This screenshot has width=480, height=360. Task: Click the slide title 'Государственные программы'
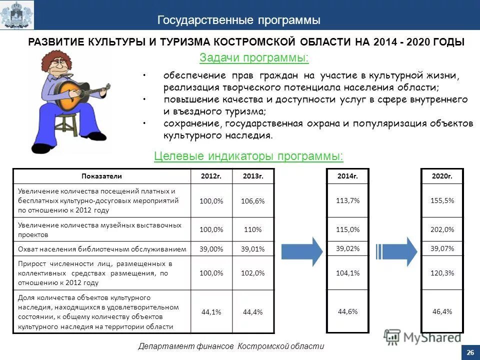tap(239, 20)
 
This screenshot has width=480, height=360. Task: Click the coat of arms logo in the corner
tap(17, 15)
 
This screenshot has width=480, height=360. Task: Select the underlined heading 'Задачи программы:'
tap(254, 58)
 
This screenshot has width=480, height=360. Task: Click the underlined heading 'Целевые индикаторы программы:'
tap(248, 156)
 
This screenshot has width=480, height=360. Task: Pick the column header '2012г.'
tap(211, 176)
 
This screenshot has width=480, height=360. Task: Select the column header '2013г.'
tap(252, 176)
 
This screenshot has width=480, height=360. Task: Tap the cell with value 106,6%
tap(252, 200)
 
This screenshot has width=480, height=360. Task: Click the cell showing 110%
tap(252, 230)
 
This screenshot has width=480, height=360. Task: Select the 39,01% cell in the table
tap(252, 249)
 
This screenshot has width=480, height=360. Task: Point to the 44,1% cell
tap(211, 311)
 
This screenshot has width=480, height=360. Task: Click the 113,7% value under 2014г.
tap(347, 200)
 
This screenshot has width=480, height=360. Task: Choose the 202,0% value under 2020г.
tap(442, 230)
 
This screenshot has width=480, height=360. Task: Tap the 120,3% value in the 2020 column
tap(442, 273)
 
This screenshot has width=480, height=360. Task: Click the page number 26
tap(469, 352)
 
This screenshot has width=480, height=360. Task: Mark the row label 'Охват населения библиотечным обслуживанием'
tap(102, 249)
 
